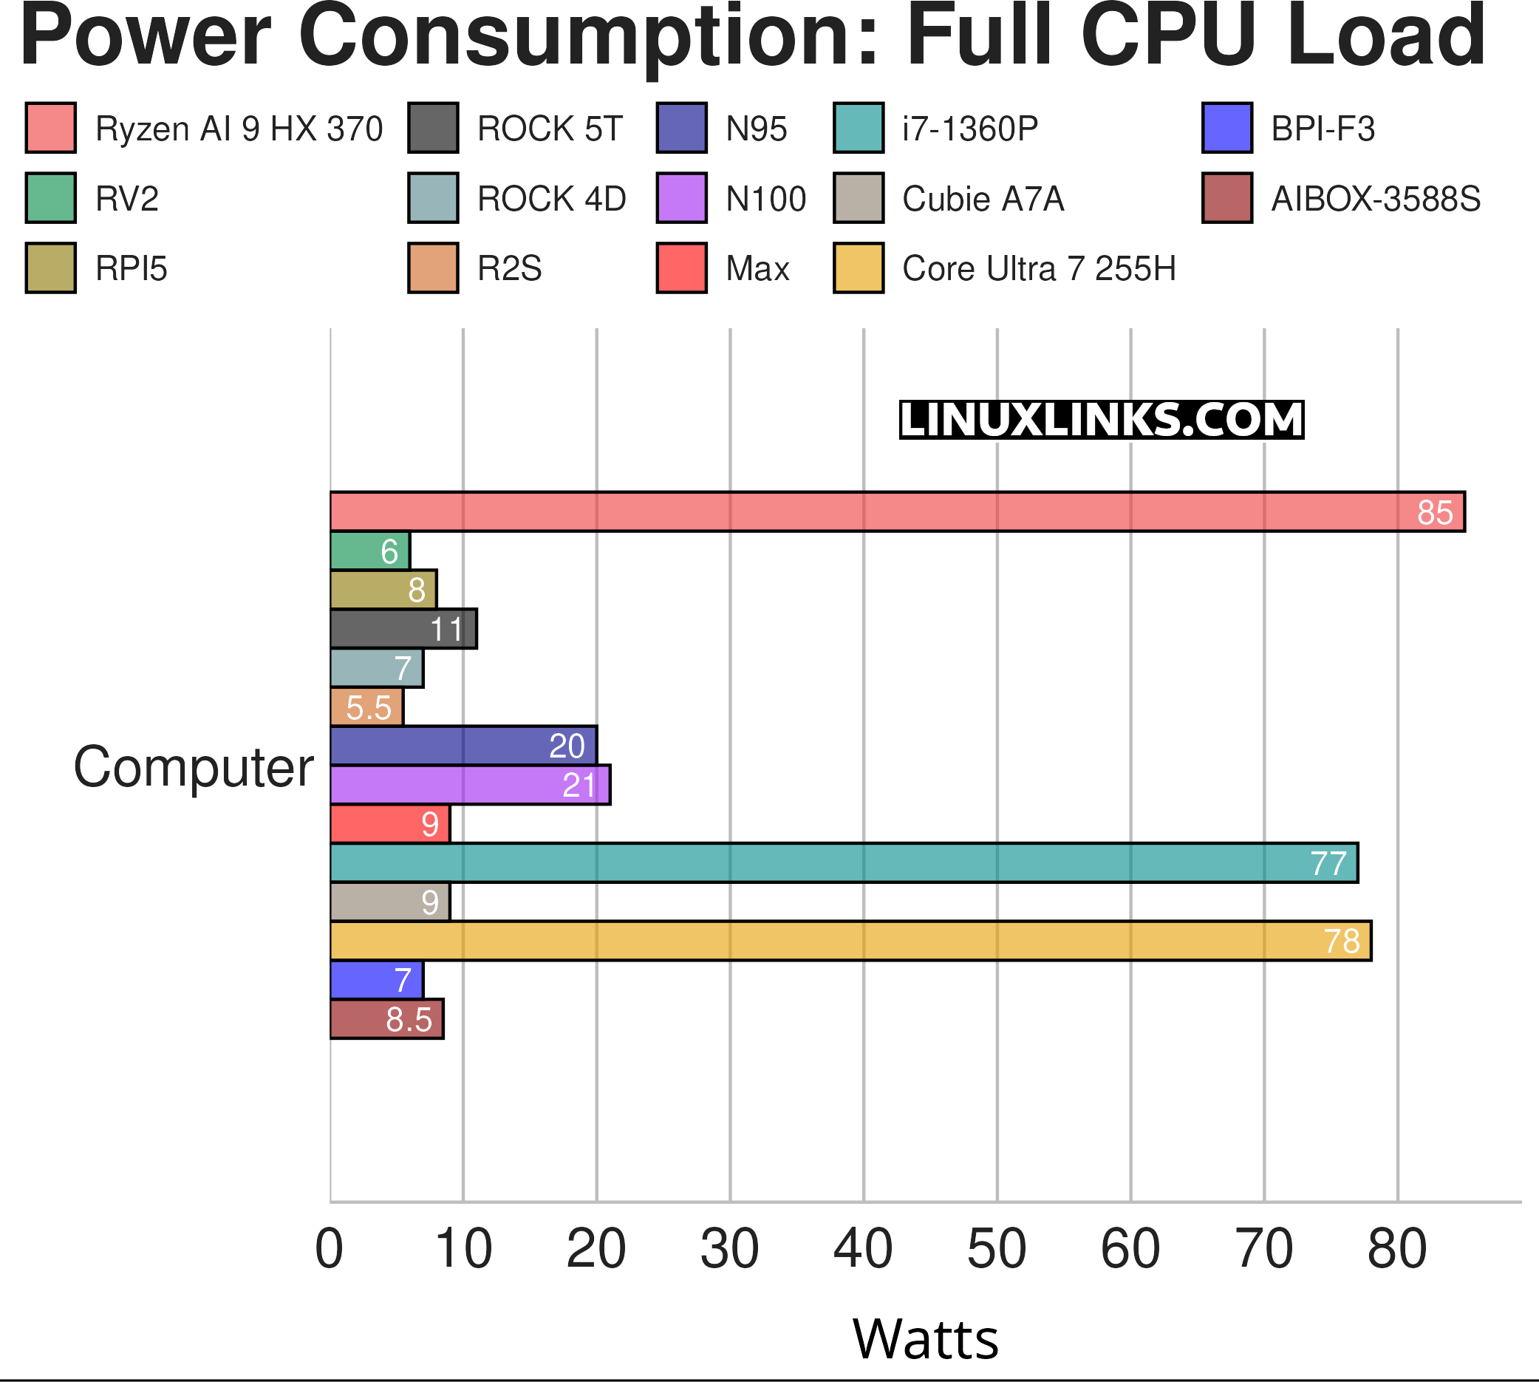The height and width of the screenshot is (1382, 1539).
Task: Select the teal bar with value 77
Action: [x=843, y=862]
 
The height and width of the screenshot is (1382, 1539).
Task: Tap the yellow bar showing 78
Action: [x=850, y=941]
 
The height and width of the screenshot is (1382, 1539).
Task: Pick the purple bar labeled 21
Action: [x=469, y=784]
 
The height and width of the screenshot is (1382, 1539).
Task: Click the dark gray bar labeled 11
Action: [x=403, y=629]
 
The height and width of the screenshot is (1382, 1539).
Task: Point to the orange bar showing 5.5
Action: [x=366, y=707]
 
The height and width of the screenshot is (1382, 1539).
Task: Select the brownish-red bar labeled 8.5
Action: [x=386, y=1019]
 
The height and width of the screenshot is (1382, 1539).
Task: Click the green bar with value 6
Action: [x=369, y=551]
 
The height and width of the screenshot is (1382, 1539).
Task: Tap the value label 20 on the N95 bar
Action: [x=567, y=746]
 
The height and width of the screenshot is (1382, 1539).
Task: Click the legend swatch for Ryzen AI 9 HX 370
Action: [x=51, y=128]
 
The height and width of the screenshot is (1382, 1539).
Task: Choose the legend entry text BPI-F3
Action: [x=1323, y=129]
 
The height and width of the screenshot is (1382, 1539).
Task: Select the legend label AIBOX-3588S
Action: [x=1375, y=199]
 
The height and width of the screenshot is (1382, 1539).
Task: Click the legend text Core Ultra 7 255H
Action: [x=1039, y=269]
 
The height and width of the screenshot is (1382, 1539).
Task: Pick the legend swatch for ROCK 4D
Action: [x=433, y=198]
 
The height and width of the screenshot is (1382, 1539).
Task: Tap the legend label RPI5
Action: [x=132, y=269]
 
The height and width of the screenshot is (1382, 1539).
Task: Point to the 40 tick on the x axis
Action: [x=862, y=1249]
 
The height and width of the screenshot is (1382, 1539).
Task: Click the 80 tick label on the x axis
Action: [x=1397, y=1249]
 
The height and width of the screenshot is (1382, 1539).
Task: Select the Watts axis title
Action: [x=925, y=1338]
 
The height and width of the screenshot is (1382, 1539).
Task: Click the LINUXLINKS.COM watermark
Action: [x=1101, y=420]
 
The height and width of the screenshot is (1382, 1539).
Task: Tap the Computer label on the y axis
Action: [x=193, y=767]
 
